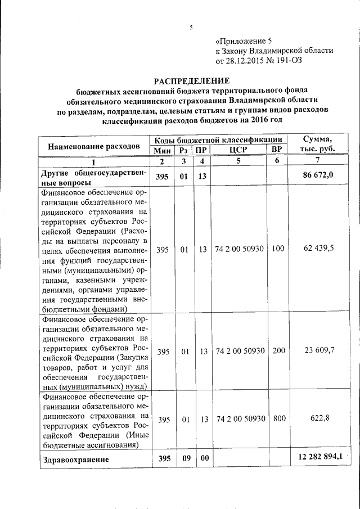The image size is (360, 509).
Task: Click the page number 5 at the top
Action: pos(191,26)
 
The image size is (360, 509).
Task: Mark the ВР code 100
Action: pos(278,249)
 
